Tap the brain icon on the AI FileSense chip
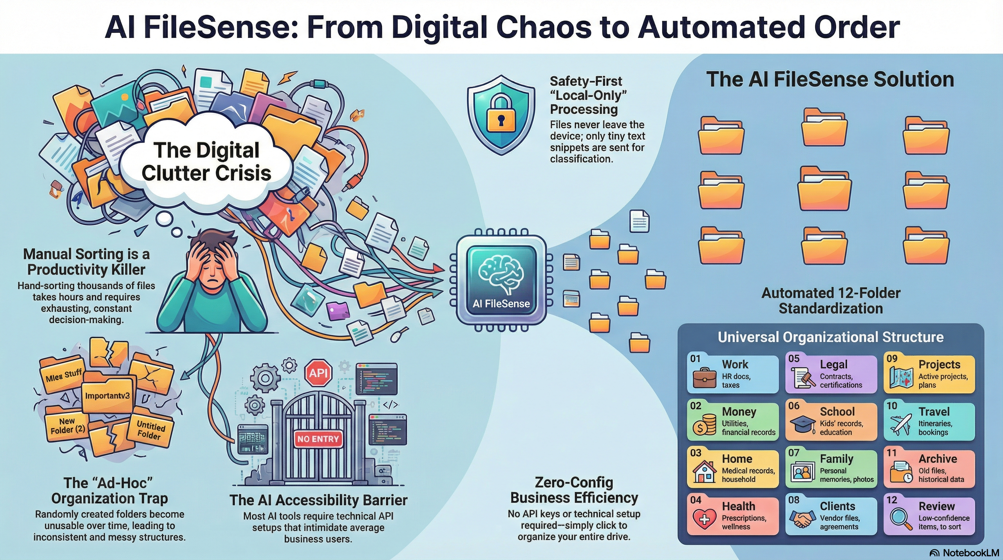(501, 274)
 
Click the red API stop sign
(319, 373)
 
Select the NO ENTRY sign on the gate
(318, 439)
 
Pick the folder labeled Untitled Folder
(150, 430)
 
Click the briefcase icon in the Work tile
(705, 377)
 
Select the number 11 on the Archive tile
(891, 452)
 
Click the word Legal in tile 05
(834, 364)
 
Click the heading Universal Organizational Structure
(831, 337)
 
